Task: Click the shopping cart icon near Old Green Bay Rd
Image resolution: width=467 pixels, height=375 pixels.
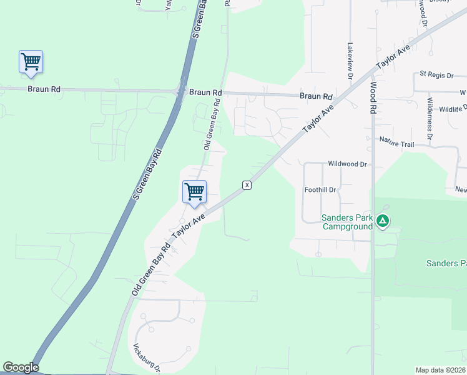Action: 194,191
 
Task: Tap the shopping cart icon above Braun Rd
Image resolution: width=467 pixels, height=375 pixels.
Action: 31,61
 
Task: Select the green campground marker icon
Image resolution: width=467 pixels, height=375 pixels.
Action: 383,221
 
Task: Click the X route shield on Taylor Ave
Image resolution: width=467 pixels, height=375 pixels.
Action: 247,185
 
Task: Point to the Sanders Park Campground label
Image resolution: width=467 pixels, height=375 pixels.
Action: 347,222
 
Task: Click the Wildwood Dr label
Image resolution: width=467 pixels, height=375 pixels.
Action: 347,164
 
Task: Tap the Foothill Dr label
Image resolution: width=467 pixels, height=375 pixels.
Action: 320,189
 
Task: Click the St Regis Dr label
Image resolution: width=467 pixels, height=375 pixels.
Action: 436,75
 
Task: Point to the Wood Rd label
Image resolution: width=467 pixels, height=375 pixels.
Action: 373,97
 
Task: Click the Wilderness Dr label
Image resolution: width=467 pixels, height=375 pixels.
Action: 430,117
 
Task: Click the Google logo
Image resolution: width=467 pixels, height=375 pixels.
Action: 21,367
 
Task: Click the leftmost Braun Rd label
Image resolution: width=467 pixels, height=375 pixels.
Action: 44,89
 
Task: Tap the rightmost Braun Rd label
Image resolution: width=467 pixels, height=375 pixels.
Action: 315,96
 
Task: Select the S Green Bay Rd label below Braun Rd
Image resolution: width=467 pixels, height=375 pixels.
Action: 148,174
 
